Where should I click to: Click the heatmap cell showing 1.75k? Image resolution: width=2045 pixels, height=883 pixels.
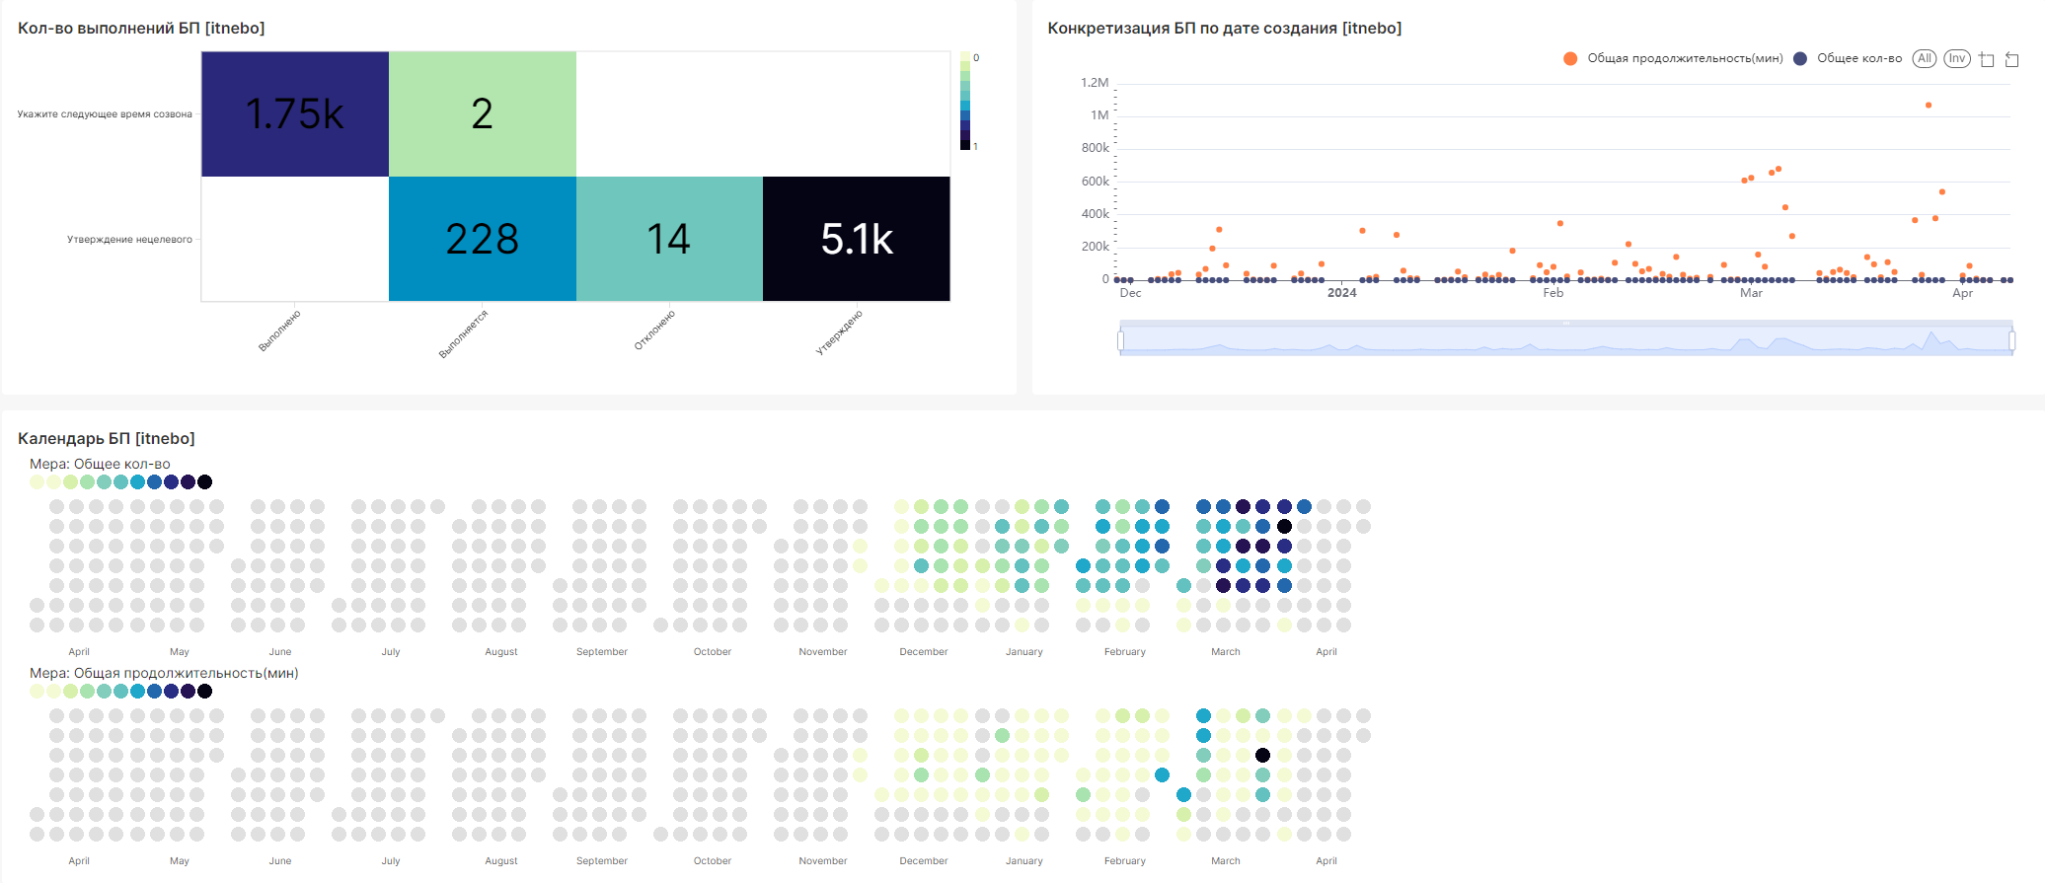(x=294, y=114)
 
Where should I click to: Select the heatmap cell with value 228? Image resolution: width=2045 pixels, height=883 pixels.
(x=482, y=239)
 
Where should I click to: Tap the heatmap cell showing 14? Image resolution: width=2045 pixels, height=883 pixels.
(x=668, y=239)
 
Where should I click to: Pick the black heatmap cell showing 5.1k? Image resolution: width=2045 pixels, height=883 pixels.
(x=856, y=239)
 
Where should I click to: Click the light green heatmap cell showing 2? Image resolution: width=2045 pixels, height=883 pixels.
(x=482, y=114)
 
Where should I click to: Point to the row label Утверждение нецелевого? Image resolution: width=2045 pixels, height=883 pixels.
(x=129, y=240)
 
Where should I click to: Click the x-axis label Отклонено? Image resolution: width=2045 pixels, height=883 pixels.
(x=654, y=331)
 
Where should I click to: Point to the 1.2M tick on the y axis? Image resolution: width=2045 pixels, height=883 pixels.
(x=1095, y=83)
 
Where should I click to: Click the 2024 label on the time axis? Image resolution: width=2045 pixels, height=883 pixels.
(x=1341, y=293)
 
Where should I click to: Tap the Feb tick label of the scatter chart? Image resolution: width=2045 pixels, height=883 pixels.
(x=1553, y=293)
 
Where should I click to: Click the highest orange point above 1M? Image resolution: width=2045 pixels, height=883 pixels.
(x=1928, y=106)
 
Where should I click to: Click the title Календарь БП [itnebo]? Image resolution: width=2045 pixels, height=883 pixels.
(x=107, y=438)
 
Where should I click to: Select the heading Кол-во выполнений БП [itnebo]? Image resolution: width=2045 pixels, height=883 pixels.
(x=141, y=28)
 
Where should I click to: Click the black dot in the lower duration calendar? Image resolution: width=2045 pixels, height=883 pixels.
(x=1263, y=756)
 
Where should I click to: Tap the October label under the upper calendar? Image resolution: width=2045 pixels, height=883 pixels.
(x=712, y=652)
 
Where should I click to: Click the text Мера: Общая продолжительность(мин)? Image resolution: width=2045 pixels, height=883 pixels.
(x=164, y=673)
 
